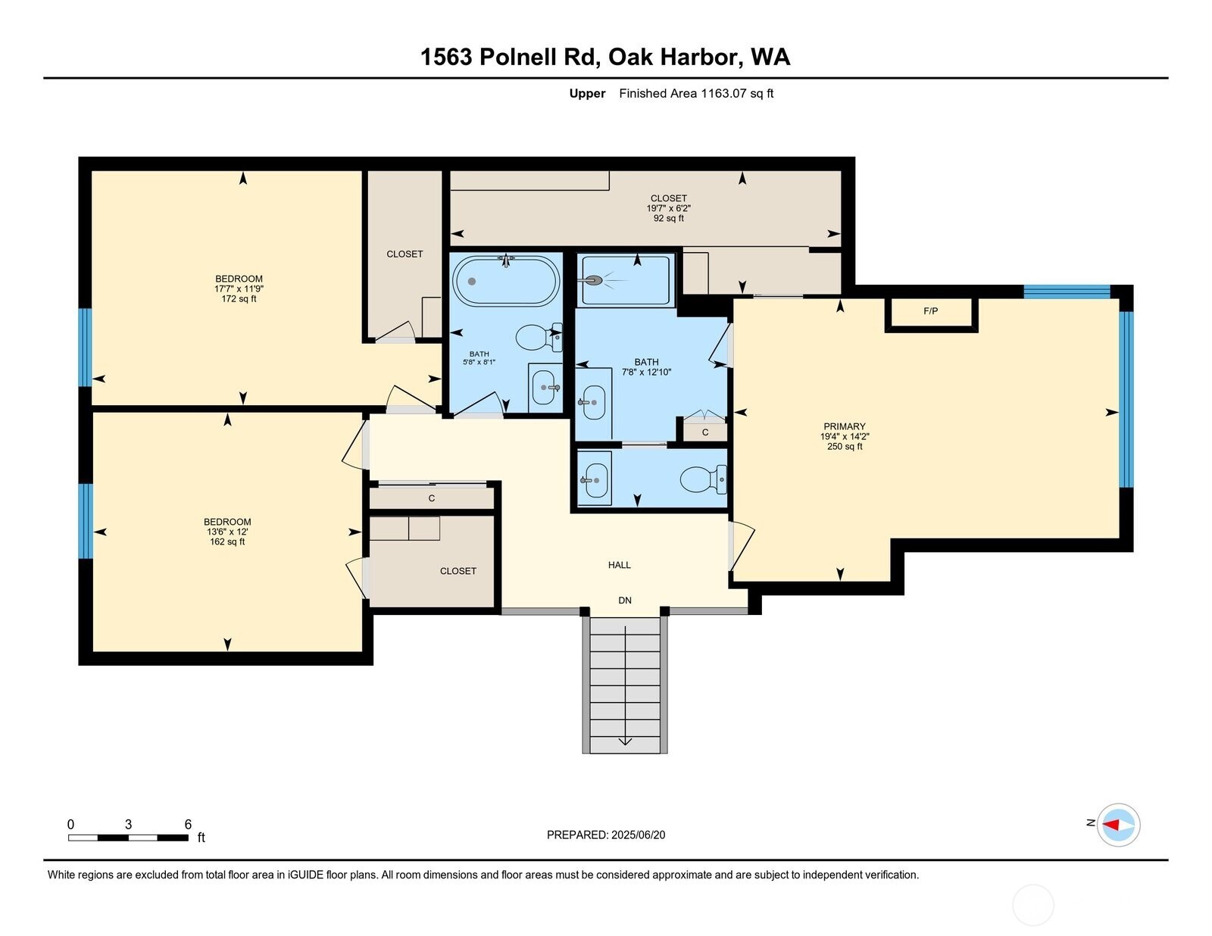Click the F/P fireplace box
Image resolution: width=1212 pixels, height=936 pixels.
[x=931, y=311]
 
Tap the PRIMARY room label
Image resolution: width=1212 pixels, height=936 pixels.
[x=845, y=426]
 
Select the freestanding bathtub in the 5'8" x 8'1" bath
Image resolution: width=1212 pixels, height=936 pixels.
[x=506, y=281]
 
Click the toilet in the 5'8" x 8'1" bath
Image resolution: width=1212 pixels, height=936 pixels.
[x=537, y=338]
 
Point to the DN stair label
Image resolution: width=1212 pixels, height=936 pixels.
[x=625, y=601]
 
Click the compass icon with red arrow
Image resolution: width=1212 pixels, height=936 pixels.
[x=1118, y=824]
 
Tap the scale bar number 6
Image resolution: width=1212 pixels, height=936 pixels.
[x=188, y=825]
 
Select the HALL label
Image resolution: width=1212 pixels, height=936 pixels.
[x=620, y=565]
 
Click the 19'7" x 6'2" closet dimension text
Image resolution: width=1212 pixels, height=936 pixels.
[x=668, y=208]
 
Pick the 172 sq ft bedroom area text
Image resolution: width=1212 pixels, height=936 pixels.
[x=239, y=299]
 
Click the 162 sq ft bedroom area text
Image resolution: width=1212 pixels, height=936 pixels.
[x=227, y=542]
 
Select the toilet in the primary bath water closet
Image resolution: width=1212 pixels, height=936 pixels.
[x=704, y=479]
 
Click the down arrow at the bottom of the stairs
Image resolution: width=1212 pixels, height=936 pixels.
[x=625, y=741]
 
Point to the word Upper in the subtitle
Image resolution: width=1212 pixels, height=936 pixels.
[x=587, y=94]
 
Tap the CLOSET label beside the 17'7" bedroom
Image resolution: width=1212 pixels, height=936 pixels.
[x=405, y=254]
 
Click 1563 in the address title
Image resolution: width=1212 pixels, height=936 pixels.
[x=446, y=58]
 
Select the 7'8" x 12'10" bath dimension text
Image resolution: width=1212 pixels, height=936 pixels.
[x=646, y=373]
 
